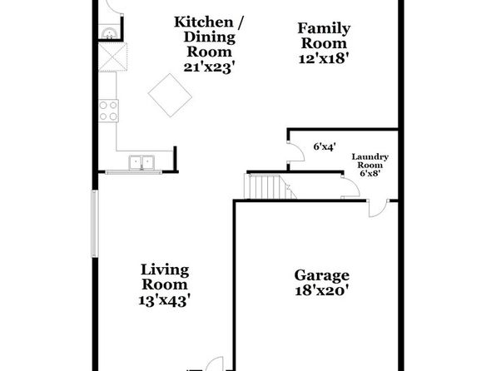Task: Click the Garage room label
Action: tap(322, 276)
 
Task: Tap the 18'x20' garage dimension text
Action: tap(322, 290)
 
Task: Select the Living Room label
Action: tap(165, 277)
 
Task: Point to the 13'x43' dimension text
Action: tap(165, 299)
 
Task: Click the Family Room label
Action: tap(324, 36)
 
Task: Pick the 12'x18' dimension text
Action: tap(324, 58)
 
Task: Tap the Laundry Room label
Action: tap(370, 161)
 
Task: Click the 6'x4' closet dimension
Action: tap(325, 146)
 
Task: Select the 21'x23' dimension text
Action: tap(210, 67)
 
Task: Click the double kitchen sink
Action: tap(141, 162)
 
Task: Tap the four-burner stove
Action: tap(108, 111)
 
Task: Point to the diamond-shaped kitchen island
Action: tap(170, 95)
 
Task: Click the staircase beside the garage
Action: tap(270, 186)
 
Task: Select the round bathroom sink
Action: tap(110, 33)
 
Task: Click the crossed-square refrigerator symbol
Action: tap(112, 57)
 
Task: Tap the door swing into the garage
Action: tap(378, 209)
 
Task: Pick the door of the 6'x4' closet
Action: tap(296, 152)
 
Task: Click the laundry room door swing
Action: tap(350, 188)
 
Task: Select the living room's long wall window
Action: tap(95, 223)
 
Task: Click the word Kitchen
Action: tap(204, 22)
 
